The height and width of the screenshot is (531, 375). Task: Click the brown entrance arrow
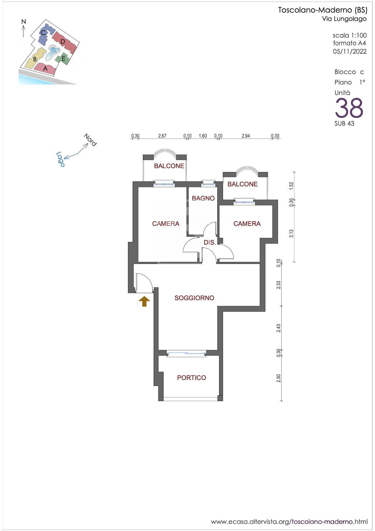pyautogui.click(x=144, y=301)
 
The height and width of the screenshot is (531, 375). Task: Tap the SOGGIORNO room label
pyautogui.click(x=194, y=298)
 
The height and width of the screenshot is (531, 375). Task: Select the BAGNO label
pyautogui.click(x=203, y=198)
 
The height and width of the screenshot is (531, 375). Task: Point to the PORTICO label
pyautogui.click(x=192, y=378)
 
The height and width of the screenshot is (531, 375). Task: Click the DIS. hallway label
pyautogui.click(x=209, y=243)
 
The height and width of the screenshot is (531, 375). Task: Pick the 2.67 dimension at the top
pyautogui.click(x=162, y=136)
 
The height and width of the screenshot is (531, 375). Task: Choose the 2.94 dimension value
pyautogui.click(x=246, y=136)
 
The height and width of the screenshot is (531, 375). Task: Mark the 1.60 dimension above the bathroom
pyautogui.click(x=203, y=136)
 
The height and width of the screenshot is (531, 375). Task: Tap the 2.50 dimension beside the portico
pyautogui.click(x=279, y=378)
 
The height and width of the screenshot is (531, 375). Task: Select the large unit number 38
pyautogui.click(x=349, y=108)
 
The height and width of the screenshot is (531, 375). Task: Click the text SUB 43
pyautogui.click(x=344, y=124)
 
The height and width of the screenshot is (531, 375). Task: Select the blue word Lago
pyautogui.click(x=61, y=159)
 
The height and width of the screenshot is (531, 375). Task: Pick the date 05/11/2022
pyautogui.click(x=350, y=51)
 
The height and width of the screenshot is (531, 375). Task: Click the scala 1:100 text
pyautogui.click(x=350, y=35)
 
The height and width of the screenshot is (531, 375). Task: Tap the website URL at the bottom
pyautogui.click(x=289, y=522)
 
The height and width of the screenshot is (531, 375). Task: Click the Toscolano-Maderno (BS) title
pyautogui.click(x=323, y=11)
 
